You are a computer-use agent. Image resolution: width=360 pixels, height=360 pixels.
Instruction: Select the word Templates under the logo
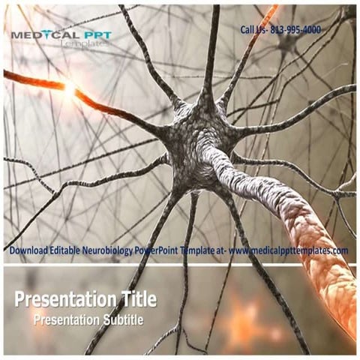[x=84, y=44]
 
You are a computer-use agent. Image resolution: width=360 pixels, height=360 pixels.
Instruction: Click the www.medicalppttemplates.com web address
[x=289, y=250]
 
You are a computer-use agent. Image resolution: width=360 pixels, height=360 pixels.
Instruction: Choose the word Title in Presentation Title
[x=135, y=301]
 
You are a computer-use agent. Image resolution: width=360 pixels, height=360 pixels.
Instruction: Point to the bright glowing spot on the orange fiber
[x=70, y=89]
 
